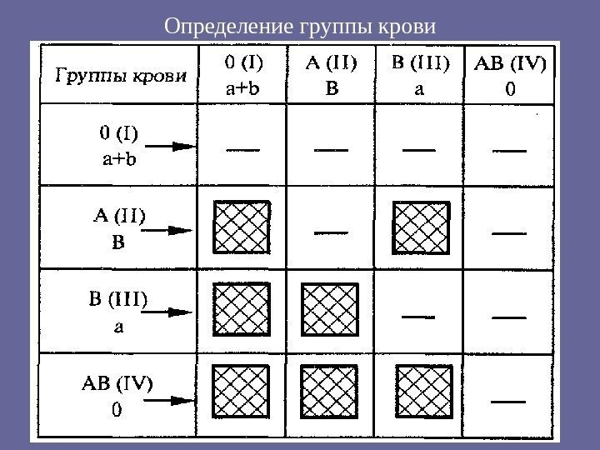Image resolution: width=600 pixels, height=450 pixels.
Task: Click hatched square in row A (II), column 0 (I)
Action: click(x=242, y=228)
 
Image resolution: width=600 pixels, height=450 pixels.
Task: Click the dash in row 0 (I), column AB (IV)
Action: click(x=510, y=151)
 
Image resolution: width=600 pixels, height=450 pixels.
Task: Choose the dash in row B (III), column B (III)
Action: click(x=419, y=317)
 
